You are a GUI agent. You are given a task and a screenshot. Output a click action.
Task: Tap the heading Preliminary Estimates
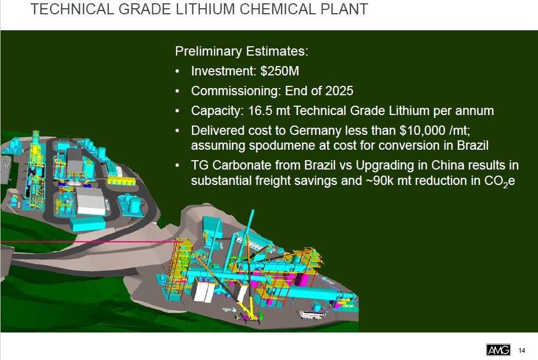[x=241, y=52]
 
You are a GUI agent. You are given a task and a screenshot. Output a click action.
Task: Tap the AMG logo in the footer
[x=498, y=350]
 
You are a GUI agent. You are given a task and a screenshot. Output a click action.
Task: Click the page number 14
[x=521, y=350]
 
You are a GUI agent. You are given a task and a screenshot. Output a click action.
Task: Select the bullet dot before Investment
[x=177, y=72]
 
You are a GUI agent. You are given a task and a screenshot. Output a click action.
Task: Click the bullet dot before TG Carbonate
[x=177, y=166]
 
